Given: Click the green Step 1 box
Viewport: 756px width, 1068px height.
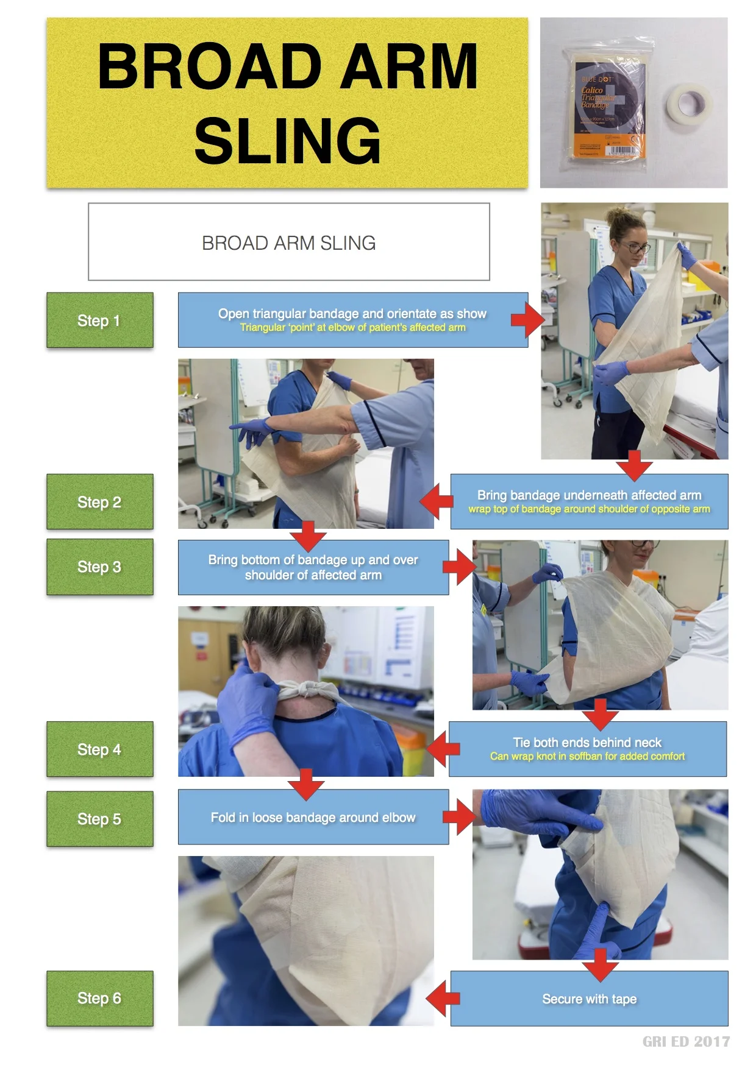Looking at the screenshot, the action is (x=99, y=320).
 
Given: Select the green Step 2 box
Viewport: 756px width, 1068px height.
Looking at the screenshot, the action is (x=99, y=502).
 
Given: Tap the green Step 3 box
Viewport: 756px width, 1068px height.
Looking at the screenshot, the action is (x=99, y=567).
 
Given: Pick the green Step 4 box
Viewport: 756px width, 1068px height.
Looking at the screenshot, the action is (x=99, y=749).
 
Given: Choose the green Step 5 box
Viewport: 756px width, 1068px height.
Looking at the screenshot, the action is (x=99, y=819).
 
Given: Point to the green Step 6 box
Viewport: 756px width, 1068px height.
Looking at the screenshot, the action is (x=99, y=998).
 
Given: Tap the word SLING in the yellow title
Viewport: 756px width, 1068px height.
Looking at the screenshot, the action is (x=288, y=141).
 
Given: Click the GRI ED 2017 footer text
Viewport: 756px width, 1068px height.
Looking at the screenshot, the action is (x=686, y=1042).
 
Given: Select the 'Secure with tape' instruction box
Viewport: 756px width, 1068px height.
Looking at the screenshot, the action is (x=589, y=999).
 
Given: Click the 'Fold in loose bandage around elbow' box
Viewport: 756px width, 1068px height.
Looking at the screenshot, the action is (x=313, y=817).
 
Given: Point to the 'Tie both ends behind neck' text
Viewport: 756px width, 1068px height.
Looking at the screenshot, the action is (x=587, y=742).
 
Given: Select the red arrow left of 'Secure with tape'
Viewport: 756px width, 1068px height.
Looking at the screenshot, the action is (x=443, y=998).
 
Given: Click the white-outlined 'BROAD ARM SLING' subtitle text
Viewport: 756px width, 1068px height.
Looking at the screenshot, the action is (x=288, y=243).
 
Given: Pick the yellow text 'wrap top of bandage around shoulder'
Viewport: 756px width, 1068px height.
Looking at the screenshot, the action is (x=589, y=509).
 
